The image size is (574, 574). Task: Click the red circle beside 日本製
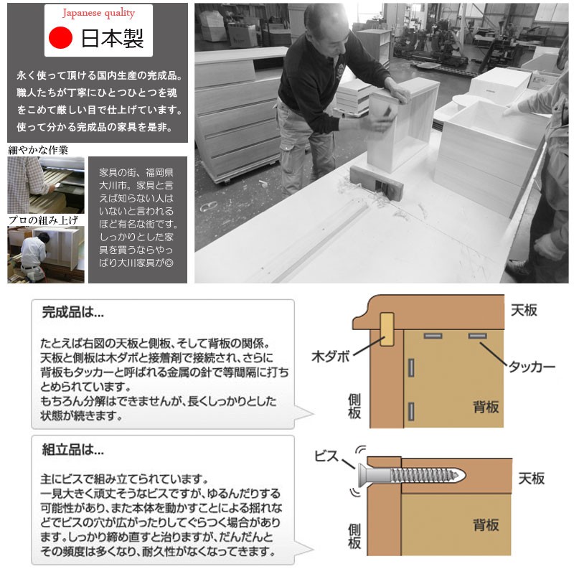[x=61, y=37]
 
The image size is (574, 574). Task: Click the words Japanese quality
[x=98, y=13]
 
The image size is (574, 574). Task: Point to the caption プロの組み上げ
[x=42, y=220]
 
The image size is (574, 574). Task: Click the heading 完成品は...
[x=73, y=313]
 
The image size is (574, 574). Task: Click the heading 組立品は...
[x=73, y=451]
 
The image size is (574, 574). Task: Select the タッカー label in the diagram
[x=532, y=366]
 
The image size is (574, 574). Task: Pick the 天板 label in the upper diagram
[x=524, y=311]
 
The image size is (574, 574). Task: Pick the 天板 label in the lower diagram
[x=531, y=479]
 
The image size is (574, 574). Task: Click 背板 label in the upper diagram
[x=486, y=407]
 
